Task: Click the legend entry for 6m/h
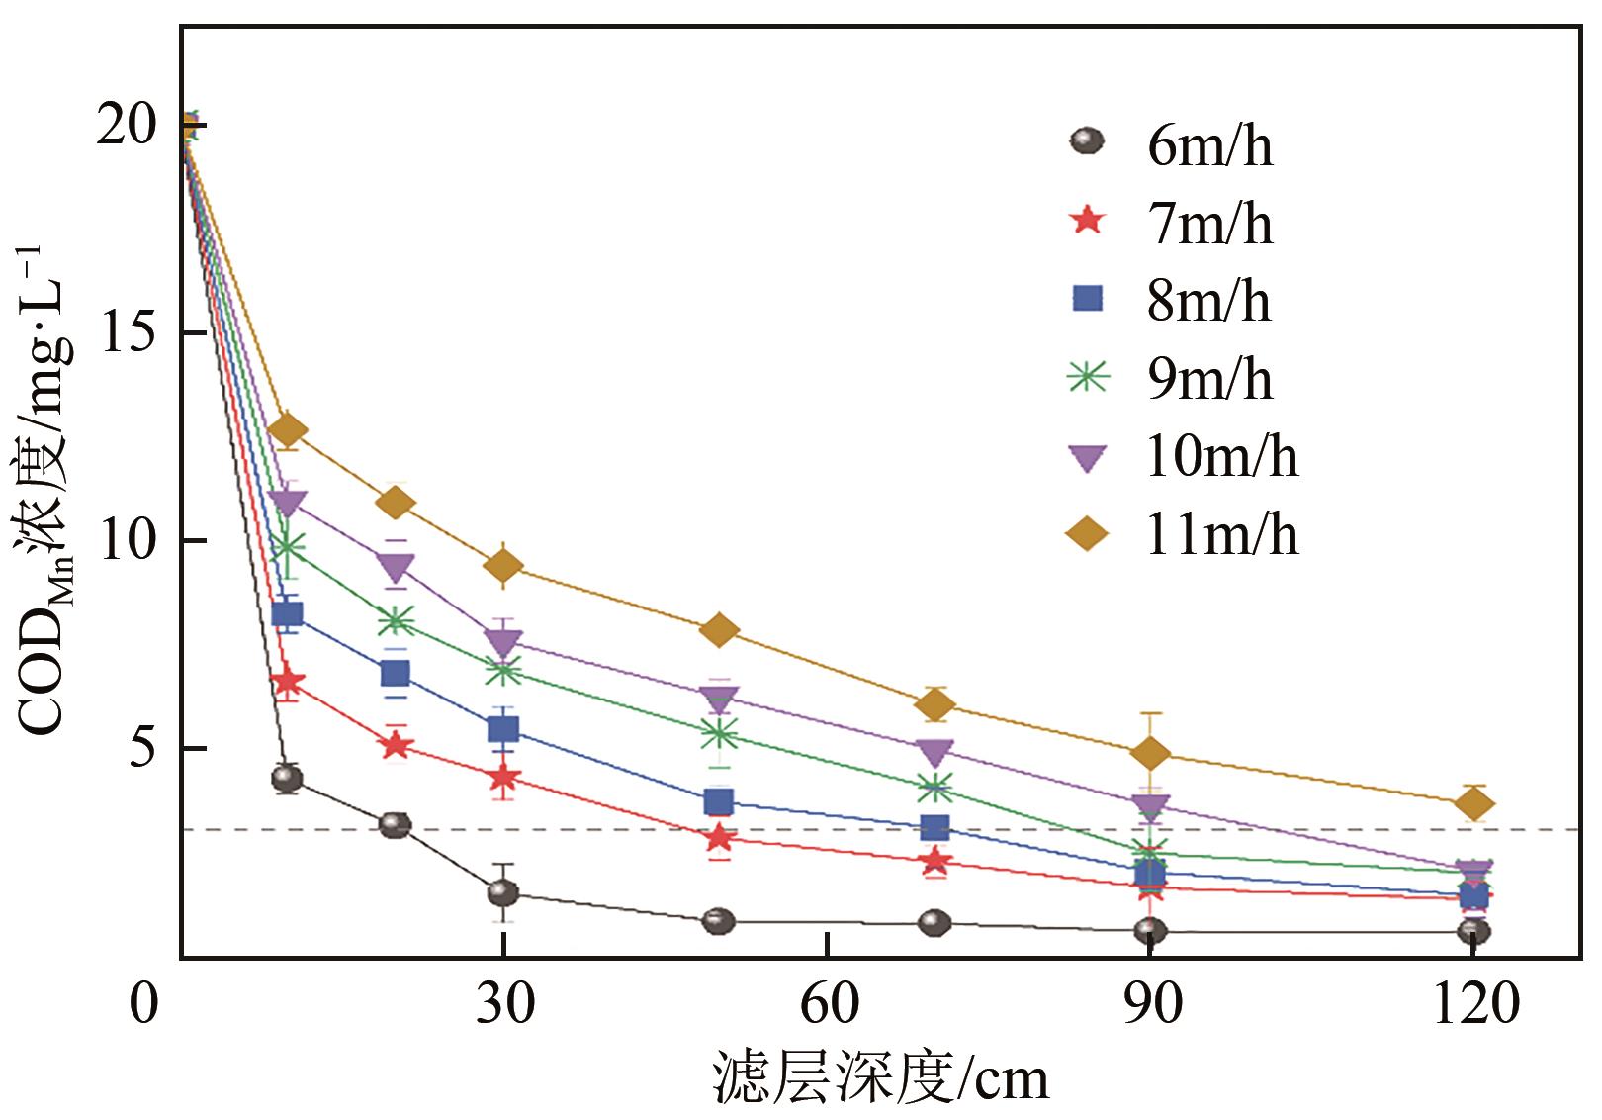(x=1208, y=146)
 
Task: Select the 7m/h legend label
(x=1208, y=225)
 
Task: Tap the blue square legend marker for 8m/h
(x=1088, y=298)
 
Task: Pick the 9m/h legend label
(x=1208, y=379)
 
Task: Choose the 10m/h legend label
(x=1221, y=457)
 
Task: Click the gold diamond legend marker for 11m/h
(x=1088, y=535)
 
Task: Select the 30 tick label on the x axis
(x=504, y=1004)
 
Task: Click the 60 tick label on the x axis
(x=829, y=1004)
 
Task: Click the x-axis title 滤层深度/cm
(x=880, y=1078)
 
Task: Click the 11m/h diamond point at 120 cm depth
(x=1473, y=804)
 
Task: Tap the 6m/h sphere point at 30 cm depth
(x=503, y=892)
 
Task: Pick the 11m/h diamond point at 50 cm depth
(x=719, y=630)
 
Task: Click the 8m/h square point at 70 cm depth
(x=934, y=827)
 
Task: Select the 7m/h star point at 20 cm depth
(x=396, y=745)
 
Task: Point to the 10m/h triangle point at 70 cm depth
(x=934, y=752)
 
